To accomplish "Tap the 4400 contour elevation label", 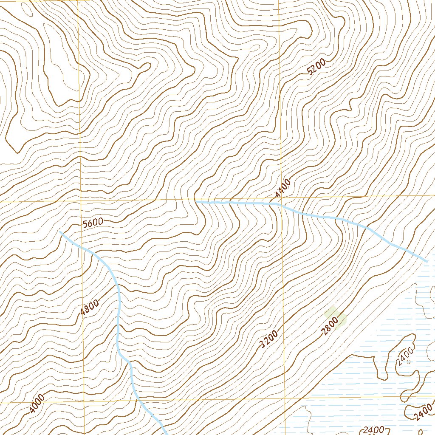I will tap(282, 188).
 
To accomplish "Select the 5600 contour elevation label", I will tap(93, 223).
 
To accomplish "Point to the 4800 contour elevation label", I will tap(90, 307).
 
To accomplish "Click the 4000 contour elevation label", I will tap(37, 404).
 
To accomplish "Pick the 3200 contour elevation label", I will tap(268, 339).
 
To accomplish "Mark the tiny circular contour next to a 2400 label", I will tap(408, 362).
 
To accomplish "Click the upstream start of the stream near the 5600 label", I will tap(61, 232).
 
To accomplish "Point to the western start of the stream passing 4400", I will tap(196, 201).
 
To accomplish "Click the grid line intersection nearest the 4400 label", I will tap(280, 198).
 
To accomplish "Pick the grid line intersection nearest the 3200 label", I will tap(284, 398).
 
